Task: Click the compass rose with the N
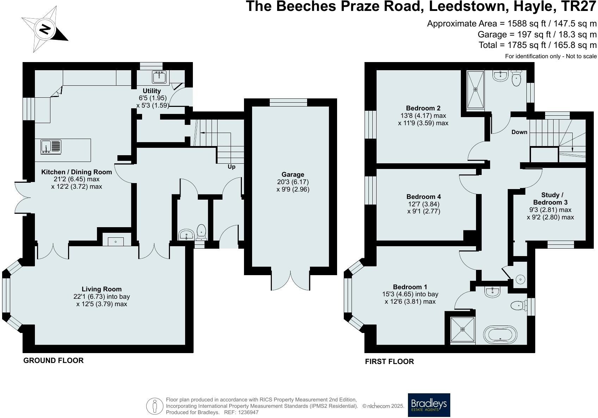click(x=44, y=29)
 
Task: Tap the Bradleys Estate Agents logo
click(x=429, y=405)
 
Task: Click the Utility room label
click(x=152, y=91)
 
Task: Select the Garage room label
click(x=293, y=174)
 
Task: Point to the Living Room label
click(x=102, y=289)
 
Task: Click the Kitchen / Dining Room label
click(x=77, y=172)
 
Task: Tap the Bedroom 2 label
click(x=423, y=108)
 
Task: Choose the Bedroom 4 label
click(x=424, y=196)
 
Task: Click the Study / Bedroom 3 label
click(x=550, y=199)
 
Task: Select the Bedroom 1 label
click(x=410, y=287)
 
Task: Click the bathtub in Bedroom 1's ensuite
click(x=500, y=335)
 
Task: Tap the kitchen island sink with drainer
click(x=51, y=147)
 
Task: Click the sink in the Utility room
click(x=159, y=77)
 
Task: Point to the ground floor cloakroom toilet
click(x=201, y=232)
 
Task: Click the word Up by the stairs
click(x=231, y=166)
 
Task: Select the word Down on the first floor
click(x=519, y=132)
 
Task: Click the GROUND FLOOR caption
click(x=53, y=361)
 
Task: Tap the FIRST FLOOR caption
click(x=390, y=362)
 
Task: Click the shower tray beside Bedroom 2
click(x=475, y=90)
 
